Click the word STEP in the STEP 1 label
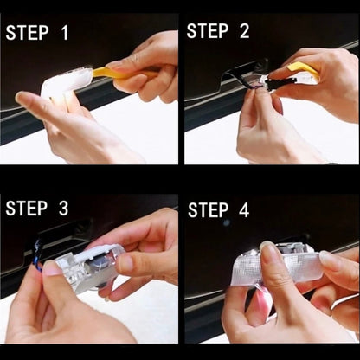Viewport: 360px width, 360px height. click(28, 33)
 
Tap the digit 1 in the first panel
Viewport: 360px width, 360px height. click(65, 33)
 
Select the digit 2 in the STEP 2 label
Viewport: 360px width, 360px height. click(244, 31)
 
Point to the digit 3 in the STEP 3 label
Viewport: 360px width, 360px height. click(63, 209)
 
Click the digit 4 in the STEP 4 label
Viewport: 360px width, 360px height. click(244, 209)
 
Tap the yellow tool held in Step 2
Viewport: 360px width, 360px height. click(304, 70)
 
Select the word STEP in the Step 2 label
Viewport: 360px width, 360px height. click(208, 31)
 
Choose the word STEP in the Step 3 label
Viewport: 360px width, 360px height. click(27, 209)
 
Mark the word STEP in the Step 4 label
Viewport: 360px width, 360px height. click(209, 209)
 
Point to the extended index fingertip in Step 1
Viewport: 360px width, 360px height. click(22, 98)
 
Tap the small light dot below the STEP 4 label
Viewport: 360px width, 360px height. click(227, 222)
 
